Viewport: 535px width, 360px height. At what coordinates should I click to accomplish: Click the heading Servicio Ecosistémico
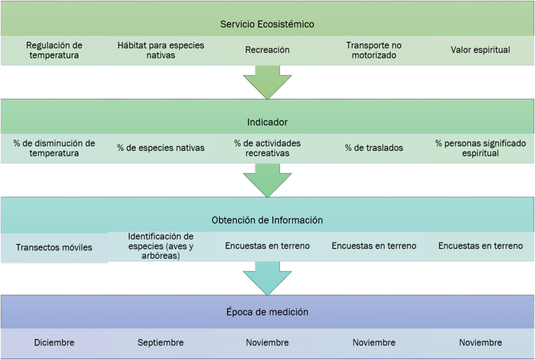[267, 24]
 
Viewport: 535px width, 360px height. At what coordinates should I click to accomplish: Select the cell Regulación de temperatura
[54, 50]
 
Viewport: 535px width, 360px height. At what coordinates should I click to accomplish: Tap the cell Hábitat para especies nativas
[160, 50]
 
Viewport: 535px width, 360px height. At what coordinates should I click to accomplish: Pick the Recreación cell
[267, 50]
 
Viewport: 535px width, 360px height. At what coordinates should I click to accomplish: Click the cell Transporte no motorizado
[374, 50]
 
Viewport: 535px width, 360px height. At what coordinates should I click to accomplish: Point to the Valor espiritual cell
[480, 50]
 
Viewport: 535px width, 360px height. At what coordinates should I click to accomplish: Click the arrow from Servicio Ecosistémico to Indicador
[267, 82]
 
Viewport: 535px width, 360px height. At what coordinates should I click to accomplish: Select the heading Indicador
[267, 122]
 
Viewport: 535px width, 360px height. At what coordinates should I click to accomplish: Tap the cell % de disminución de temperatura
[54, 148]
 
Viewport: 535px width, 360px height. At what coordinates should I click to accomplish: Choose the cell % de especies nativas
[160, 148]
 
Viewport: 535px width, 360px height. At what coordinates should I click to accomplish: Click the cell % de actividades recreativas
[267, 148]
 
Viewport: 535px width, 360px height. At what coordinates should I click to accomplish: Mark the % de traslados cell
[374, 148]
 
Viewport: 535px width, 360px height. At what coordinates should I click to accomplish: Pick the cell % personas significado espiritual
[480, 148]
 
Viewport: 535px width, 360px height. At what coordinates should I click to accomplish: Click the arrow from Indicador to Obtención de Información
[267, 180]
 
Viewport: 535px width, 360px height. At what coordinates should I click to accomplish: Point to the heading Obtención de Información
[267, 220]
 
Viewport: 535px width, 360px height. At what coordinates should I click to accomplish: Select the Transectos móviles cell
[54, 247]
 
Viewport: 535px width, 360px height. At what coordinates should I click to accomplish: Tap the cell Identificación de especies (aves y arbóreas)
[160, 246]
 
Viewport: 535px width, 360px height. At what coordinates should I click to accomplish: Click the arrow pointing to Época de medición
[267, 278]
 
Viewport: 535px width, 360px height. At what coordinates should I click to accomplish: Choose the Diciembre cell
[54, 343]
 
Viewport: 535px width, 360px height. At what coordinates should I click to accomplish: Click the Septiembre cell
[160, 343]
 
